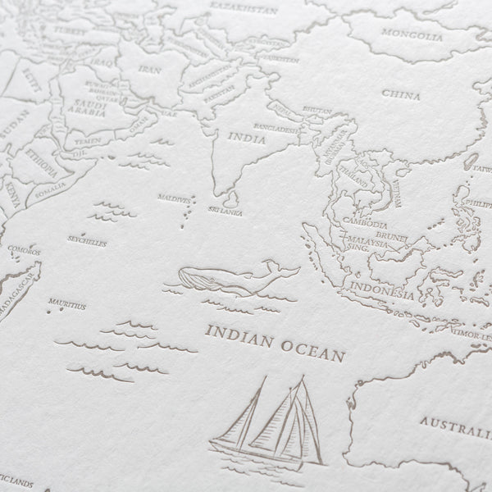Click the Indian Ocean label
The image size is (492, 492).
tap(275, 332)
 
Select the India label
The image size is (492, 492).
tap(247, 139)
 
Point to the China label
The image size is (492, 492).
tap(401, 95)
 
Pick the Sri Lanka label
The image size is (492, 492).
tap(226, 212)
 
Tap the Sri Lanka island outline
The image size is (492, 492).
tap(232, 198)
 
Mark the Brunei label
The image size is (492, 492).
tap(394, 233)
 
